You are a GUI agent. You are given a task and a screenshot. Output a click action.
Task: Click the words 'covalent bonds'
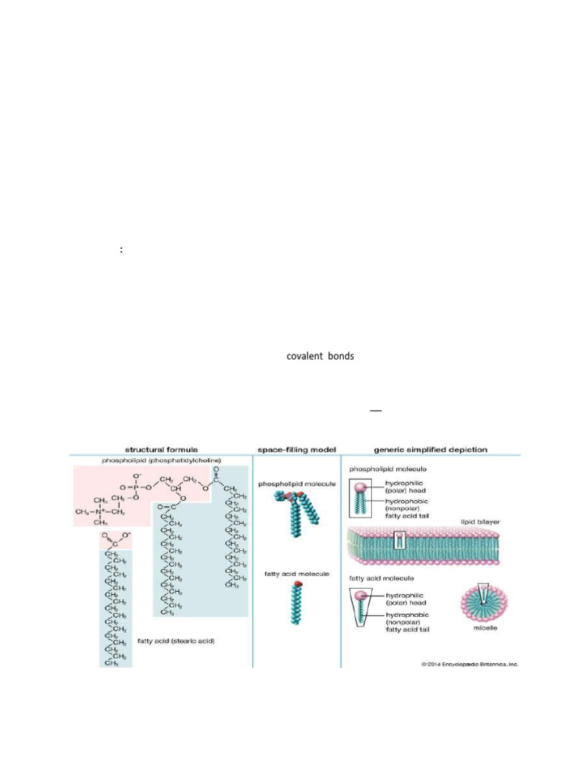coord(320,356)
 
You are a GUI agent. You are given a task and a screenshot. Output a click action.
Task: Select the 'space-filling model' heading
coord(296,450)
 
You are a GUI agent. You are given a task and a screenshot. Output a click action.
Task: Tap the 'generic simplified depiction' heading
coord(430,450)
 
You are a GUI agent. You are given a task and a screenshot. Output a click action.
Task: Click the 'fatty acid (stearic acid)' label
coord(176,641)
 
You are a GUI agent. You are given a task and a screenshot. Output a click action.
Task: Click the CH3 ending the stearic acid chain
coord(114,663)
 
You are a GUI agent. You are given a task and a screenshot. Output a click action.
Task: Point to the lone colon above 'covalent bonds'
coord(121,250)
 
